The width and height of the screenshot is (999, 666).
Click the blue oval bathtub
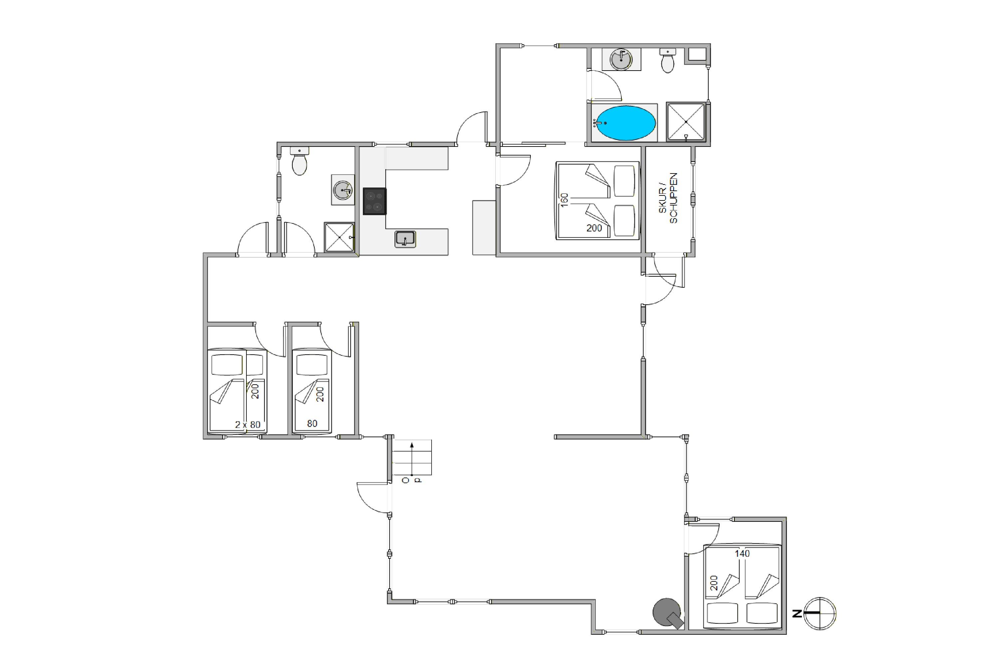pyautogui.click(x=626, y=123)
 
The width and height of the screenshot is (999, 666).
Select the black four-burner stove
pyautogui.click(x=375, y=201)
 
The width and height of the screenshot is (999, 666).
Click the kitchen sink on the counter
pyautogui.click(x=405, y=239)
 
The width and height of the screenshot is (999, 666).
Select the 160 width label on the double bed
pyautogui.click(x=564, y=200)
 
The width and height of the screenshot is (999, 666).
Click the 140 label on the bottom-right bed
pyautogui.click(x=743, y=553)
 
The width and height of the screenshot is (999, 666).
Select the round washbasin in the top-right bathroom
pyautogui.click(x=621, y=60)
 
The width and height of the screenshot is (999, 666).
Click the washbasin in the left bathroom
pyautogui.click(x=343, y=190)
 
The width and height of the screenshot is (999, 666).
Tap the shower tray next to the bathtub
pyautogui.click(x=686, y=122)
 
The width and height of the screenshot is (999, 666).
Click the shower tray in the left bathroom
pyautogui.click(x=339, y=237)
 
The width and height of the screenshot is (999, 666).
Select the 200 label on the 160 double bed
pyautogui.click(x=594, y=228)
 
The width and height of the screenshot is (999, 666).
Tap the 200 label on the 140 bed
pyautogui.click(x=714, y=583)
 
